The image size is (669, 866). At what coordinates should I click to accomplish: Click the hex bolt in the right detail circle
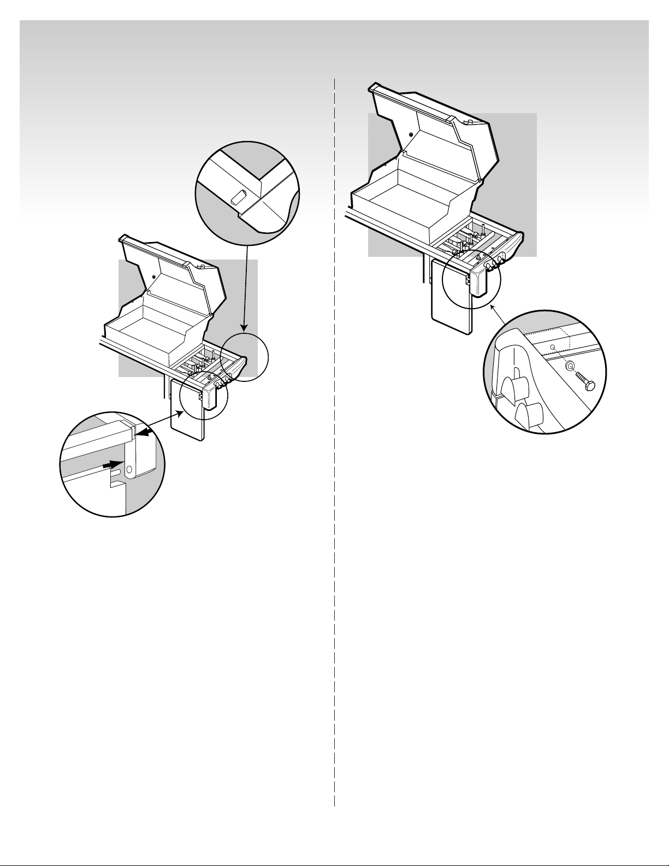point(585,382)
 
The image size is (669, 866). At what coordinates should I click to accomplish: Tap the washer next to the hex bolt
point(570,367)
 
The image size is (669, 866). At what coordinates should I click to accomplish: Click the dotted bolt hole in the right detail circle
point(553,346)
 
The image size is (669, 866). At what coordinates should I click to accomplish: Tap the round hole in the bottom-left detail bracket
point(129,469)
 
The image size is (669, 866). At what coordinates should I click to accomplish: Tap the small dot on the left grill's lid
point(153,277)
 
